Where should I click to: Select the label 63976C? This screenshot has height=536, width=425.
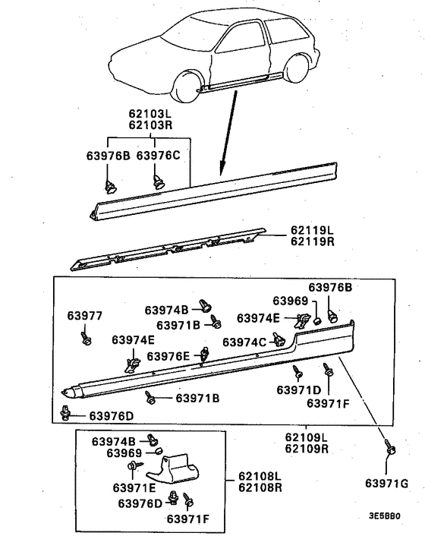[158, 156]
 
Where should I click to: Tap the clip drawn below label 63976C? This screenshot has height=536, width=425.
[159, 180]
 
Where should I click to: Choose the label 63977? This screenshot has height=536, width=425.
[84, 315]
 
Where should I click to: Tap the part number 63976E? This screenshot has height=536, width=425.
[168, 356]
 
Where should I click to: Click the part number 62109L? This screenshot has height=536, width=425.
[307, 437]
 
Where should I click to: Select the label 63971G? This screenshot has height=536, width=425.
[386, 483]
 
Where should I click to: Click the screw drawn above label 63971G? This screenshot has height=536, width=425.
[391, 450]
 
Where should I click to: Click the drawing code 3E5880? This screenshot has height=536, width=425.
[385, 516]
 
